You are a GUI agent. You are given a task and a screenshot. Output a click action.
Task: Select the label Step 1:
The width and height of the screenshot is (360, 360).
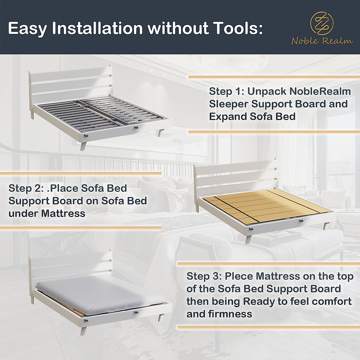pyautogui.click(x=226, y=91)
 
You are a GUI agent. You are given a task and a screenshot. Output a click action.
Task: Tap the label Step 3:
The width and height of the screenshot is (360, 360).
pyautogui.click(x=204, y=276)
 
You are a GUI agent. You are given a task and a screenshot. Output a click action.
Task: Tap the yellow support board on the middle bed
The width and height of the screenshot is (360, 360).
pyautogui.click(x=264, y=207)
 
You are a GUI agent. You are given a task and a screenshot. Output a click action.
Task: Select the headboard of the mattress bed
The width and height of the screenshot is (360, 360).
pyautogui.click(x=70, y=265)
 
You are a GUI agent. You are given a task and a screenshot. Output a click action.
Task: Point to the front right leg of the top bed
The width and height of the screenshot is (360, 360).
pyautogui.click(x=162, y=132)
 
